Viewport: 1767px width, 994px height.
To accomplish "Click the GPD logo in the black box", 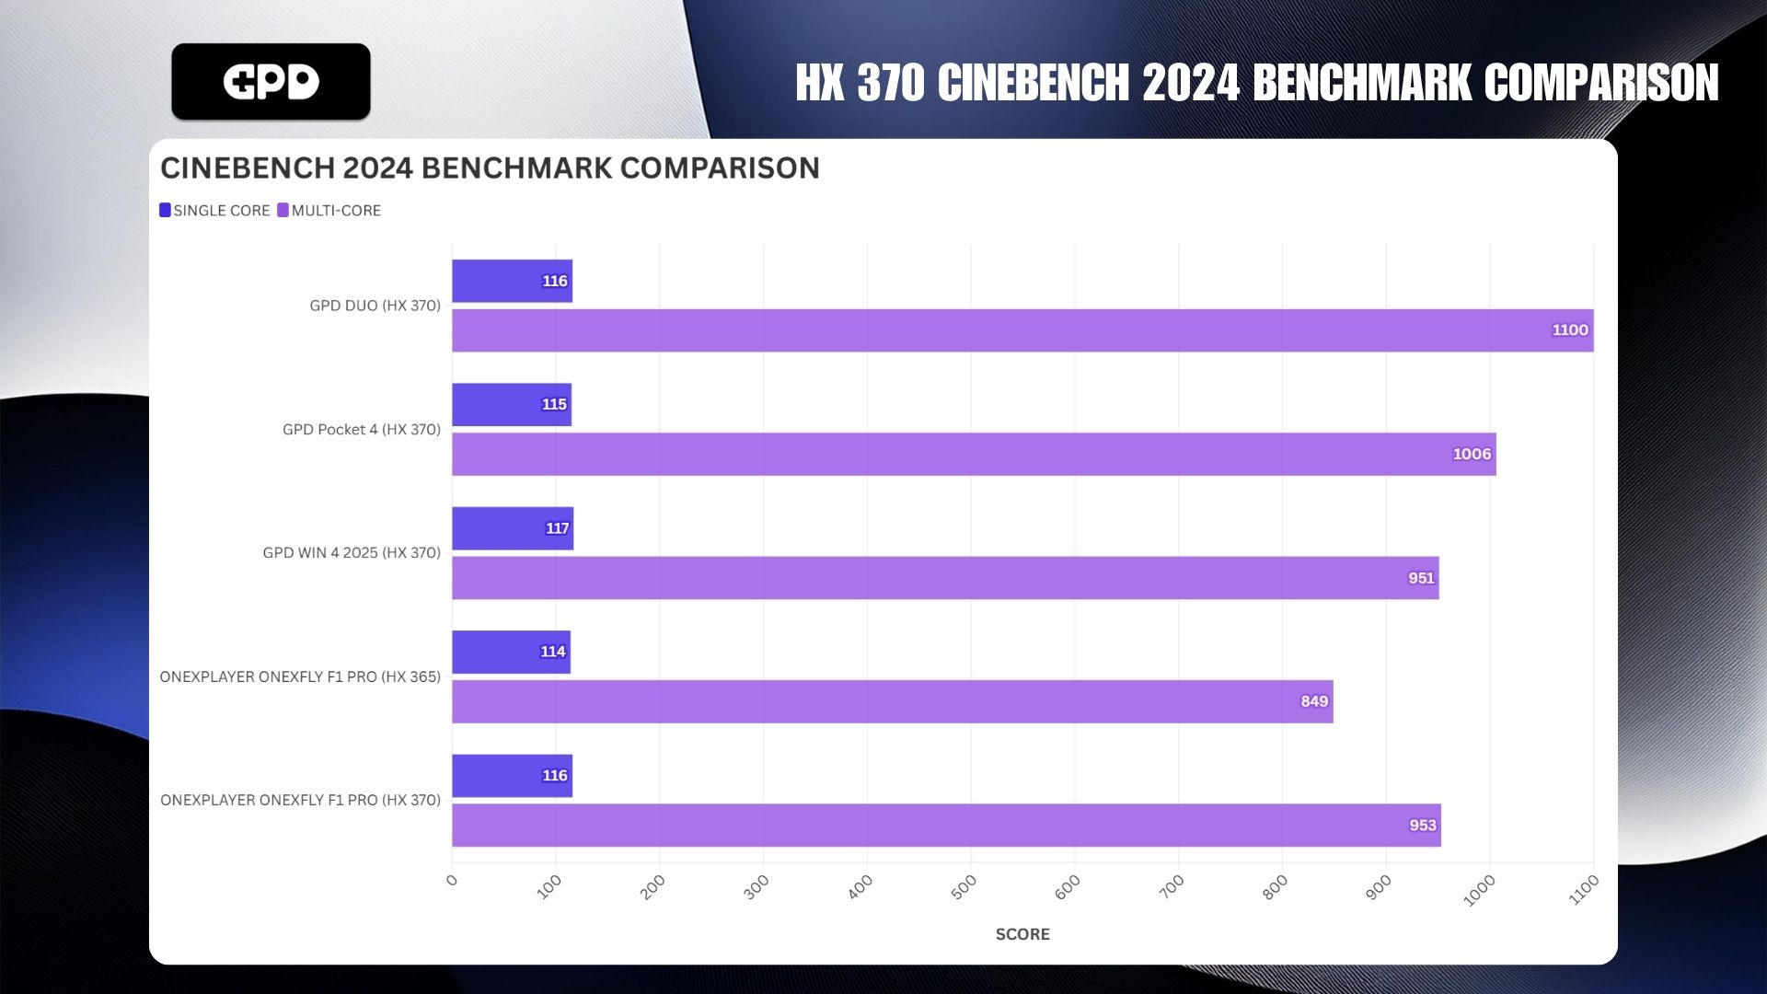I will pyautogui.click(x=271, y=82).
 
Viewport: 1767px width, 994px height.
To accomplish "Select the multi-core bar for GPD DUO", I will pyautogui.click(x=1022, y=330).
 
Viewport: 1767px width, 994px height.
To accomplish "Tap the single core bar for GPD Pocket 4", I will pyautogui.click(x=511, y=405).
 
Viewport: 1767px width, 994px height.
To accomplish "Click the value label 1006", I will pyautogui.click(x=1471, y=454).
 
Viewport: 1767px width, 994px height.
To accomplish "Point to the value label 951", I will pyautogui.click(x=1420, y=578).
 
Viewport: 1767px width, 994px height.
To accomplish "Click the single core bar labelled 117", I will pyautogui.click(x=512, y=528).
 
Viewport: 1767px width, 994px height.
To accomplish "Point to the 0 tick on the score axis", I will pyautogui.click(x=451, y=881).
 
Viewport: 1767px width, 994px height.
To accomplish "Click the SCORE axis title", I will pyautogui.click(x=1022, y=934).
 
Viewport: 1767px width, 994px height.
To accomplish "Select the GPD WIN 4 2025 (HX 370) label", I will pyautogui.click(x=352, y=553).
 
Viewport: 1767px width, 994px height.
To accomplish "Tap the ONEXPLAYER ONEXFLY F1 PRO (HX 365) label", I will pyautogui.click(x=300, y=676).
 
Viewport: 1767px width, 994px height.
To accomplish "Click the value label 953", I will pyautogui.click(x=1422, y=826).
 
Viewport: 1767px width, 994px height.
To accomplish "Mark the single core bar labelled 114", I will pyautogui.click(x=511, y=652).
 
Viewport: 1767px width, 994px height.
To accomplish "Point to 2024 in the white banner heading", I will pyautogui.click(x=1191, y=83).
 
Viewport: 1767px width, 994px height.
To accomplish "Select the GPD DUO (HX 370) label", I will pyautogui.click(x=375, y=306).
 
